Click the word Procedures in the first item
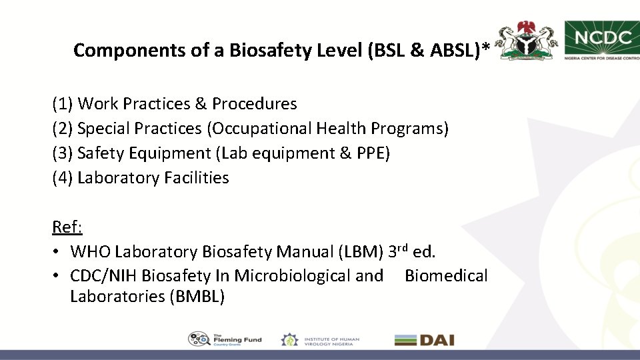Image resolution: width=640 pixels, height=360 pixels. pos(255,104)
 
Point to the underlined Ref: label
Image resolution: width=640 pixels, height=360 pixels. pos(67,227)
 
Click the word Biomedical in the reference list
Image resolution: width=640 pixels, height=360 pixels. pos(446,276)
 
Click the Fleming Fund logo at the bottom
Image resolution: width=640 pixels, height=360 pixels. pos(225,339)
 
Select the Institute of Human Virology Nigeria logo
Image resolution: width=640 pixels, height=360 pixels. pos(320,339)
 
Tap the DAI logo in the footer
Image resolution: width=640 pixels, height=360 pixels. pos(424,339)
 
